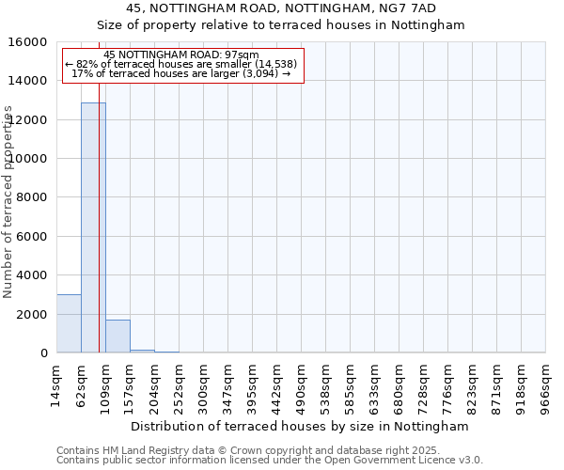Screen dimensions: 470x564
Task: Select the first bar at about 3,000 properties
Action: click(x=69, y=323)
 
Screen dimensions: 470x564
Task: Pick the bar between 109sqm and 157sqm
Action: click(x=117, y=336)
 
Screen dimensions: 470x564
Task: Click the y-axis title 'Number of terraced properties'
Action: click(x=8, y=201)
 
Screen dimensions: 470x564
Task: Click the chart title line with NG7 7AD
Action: click(x=282, y=8)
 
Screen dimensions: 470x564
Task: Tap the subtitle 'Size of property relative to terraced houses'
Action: click(x=282, y=25)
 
